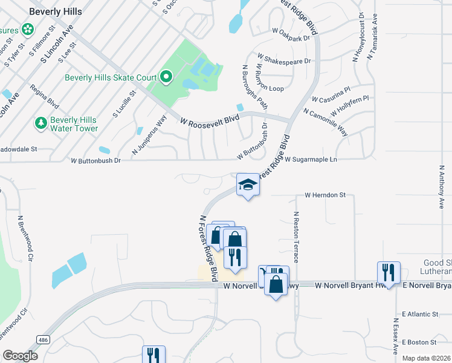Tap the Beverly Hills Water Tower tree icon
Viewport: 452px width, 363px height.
click(x=41, y=123)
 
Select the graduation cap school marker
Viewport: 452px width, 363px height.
click(x=247, y=184)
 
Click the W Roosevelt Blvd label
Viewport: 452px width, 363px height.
click(x=207, y=121)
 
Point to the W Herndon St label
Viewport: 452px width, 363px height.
click(x=324, y=195)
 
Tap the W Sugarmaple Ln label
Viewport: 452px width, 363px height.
click(x=310, y=160)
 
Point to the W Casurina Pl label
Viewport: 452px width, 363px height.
click(x=331, y=94)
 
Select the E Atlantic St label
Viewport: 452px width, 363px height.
click(x=419, y=315)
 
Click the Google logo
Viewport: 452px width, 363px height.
click(x=20, y=356)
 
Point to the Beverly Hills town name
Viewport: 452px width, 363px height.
click(x=55, y=11)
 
